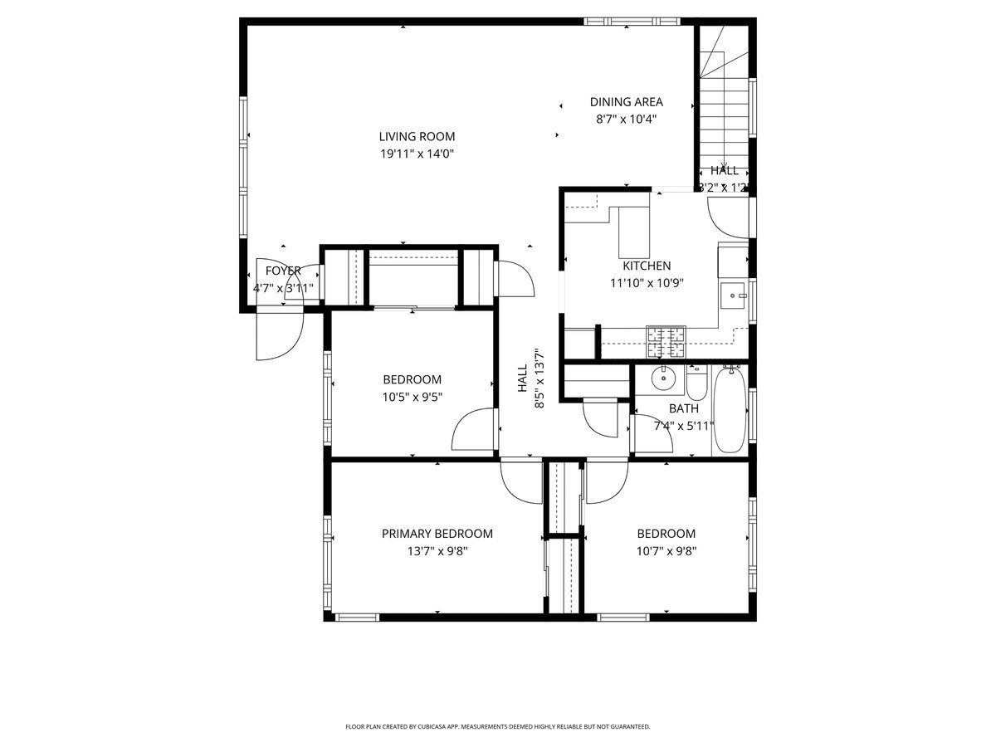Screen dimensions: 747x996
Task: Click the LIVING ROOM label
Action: (x=417, y=137)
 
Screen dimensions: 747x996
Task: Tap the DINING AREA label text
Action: (x=626, y=102)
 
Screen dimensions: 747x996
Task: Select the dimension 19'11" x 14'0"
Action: (x=417, y=154)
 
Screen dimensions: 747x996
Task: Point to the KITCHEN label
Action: (x=647, y=266)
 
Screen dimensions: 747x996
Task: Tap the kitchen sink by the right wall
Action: (x=733, y=294)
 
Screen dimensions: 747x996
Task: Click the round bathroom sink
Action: (x=664, y=379)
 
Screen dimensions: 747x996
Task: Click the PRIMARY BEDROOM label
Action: (x=437, y=534)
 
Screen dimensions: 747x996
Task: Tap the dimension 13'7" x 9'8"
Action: (x=437, y=550)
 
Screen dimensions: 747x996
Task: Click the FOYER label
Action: (x=283, y=271)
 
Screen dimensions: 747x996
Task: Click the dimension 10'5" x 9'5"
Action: (x=412, y=397)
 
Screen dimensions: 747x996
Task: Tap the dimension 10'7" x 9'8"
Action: (x=666, y=550)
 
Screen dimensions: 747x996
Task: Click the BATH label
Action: (x=683, y=409)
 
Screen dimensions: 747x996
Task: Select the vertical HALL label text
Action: (x=522, y=378)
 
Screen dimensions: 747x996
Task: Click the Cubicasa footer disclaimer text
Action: (x=497, y=726)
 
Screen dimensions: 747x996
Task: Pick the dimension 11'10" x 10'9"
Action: (x=647, y=282)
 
